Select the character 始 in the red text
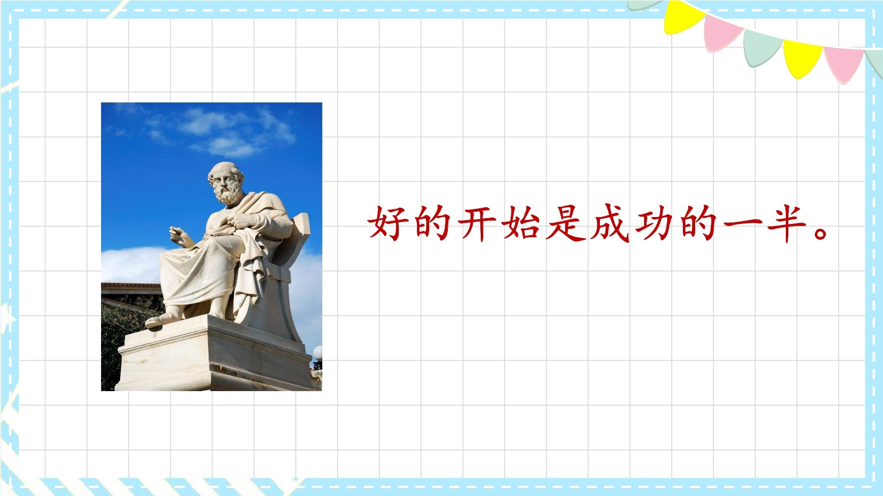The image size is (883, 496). tap(520, 223)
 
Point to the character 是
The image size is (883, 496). tap(565, 223)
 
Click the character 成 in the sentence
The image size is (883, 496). tap(610, 223)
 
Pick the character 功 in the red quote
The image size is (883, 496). tap(654, 223)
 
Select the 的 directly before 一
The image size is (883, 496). tap(699, 223)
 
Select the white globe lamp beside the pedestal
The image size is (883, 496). tap(318, 352)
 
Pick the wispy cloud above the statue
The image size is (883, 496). tap(221, 130)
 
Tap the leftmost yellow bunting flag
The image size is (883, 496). tap(682, 18)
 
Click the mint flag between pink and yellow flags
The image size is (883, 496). tap(761, 46)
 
